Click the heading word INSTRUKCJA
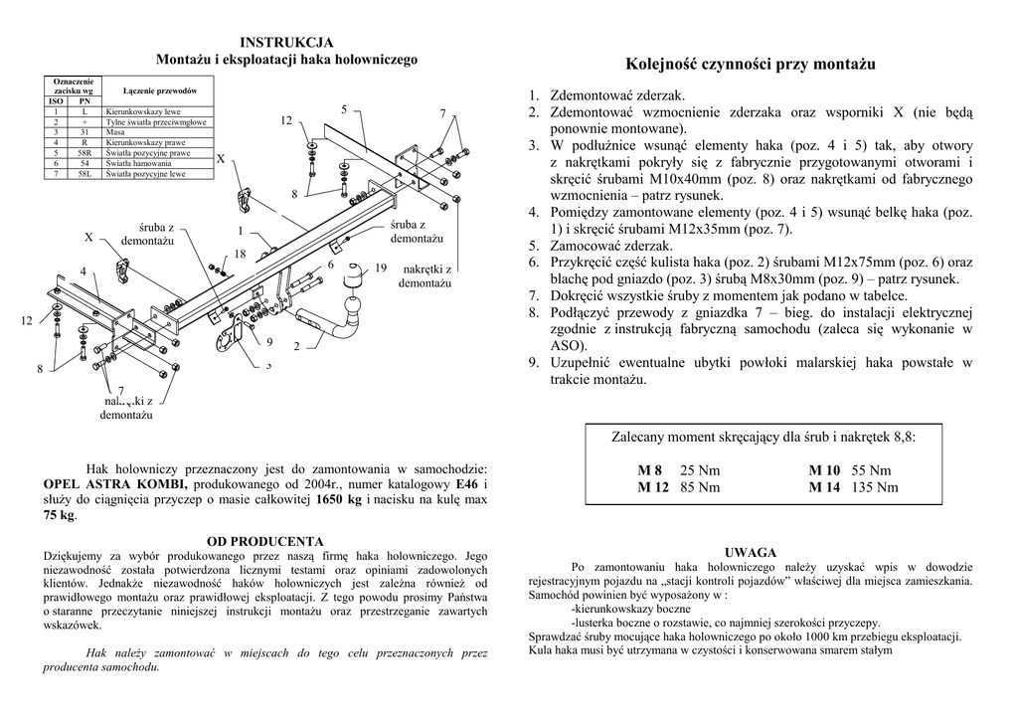tap(287, 42)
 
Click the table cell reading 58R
tap(85, 154)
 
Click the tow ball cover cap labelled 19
tap(353, 275)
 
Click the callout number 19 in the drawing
tap(381, 269)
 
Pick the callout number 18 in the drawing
tap(240, 255)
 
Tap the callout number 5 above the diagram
tap(343, 108)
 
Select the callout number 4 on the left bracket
tap(84, 270)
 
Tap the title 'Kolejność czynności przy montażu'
tap(751, 65)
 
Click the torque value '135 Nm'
tap(875, 487)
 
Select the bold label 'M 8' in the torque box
tap(650, 470)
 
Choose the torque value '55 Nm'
tap(871, 470)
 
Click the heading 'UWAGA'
tap(751, 551)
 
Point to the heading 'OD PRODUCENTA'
tap(265, 541)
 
